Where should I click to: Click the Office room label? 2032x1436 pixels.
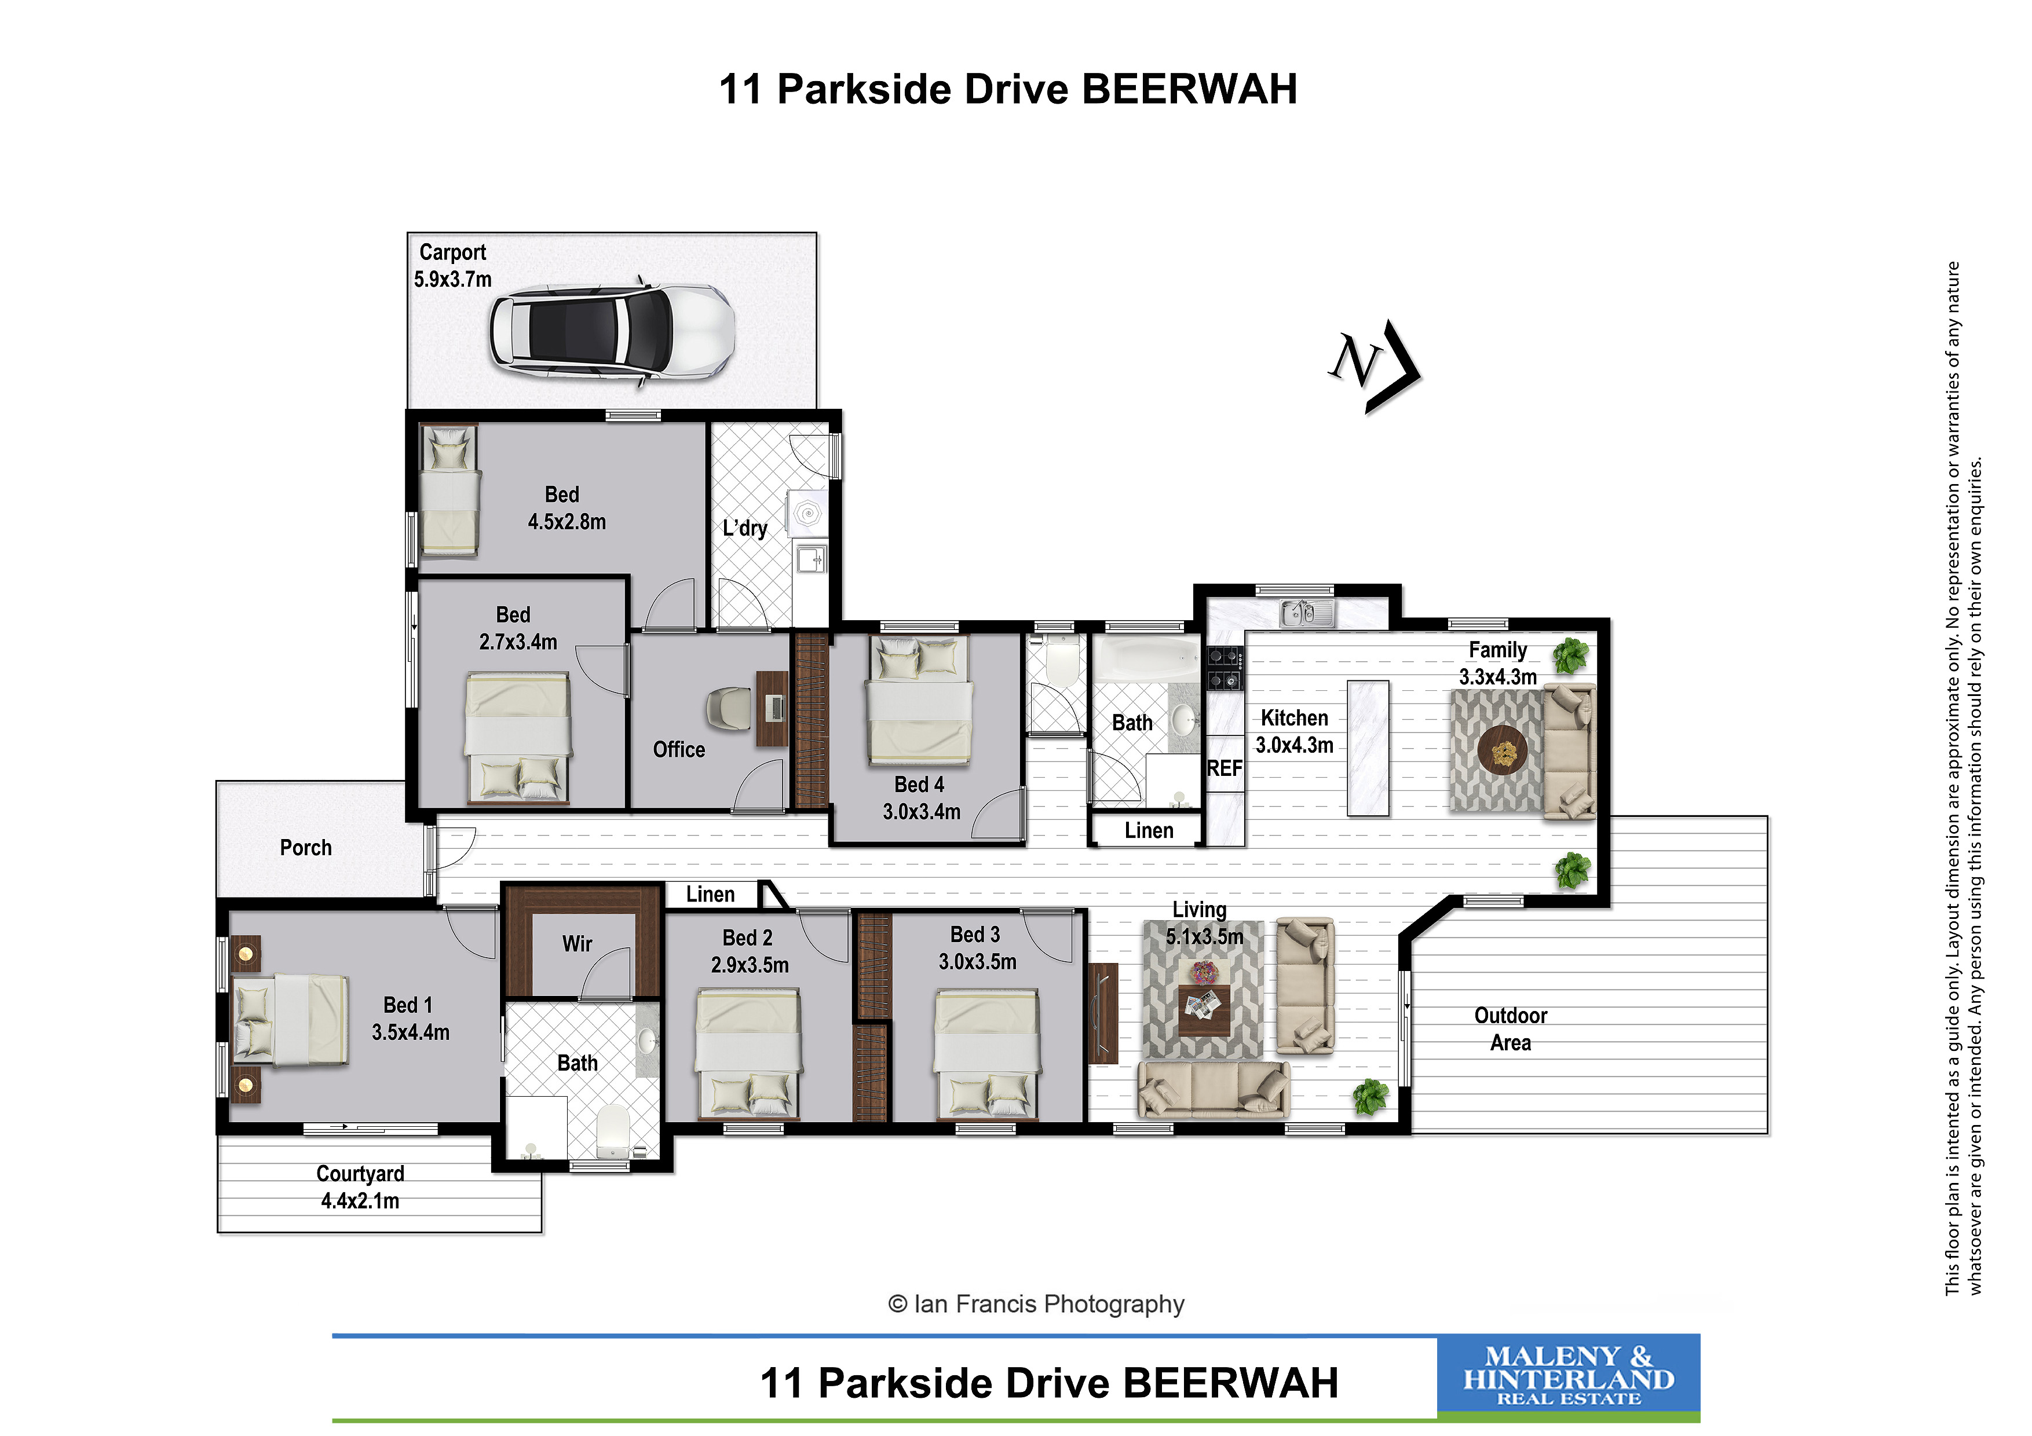(679, 749)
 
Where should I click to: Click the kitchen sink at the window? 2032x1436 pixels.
(1307, 611)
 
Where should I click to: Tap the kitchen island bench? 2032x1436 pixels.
(1368, 748)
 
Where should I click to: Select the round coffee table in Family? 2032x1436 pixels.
(1503, 750)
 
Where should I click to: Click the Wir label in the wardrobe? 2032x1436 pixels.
(577, 944)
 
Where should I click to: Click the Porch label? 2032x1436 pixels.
(305, 848)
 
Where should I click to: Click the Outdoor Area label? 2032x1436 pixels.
(1511, 1029)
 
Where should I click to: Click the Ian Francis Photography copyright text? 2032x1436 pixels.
(1036, 1304)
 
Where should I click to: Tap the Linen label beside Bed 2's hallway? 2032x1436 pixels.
(710, 895)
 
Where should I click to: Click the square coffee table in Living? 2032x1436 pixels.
(1204, 1009)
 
